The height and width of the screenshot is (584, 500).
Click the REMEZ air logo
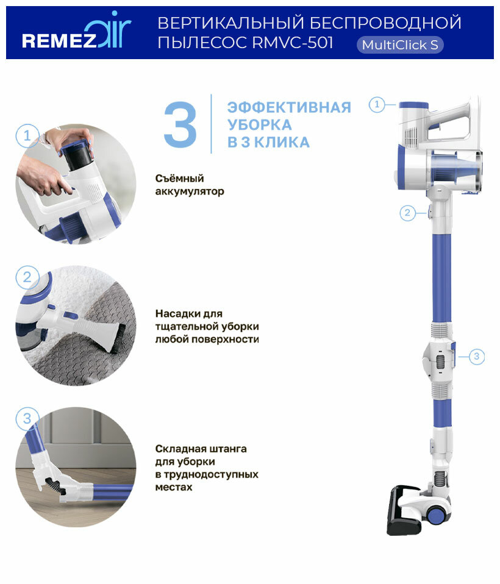pos(76,32)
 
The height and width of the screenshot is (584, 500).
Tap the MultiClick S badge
pos(400,45)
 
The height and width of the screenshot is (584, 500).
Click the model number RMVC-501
pos(293,42)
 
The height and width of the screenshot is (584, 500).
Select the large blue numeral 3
pos(180,124)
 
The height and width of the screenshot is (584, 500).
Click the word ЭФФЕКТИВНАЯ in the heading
pos(289,107)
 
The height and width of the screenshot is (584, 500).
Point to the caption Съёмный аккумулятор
pos(190,185)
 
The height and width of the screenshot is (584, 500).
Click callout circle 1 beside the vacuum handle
pos(377,104)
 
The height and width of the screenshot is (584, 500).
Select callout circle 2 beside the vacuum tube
pos(407,213)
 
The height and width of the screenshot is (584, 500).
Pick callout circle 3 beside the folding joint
pos(477,357)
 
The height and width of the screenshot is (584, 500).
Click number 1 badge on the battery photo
pos(27,135)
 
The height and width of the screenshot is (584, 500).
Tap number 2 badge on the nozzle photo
pos(27,277)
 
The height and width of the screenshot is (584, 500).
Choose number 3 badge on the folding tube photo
pos(27,418)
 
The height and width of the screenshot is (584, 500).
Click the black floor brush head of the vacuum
pos(404,511)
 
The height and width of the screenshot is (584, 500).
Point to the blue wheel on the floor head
pos(435,516)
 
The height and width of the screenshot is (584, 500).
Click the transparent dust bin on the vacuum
pos(455,169)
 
